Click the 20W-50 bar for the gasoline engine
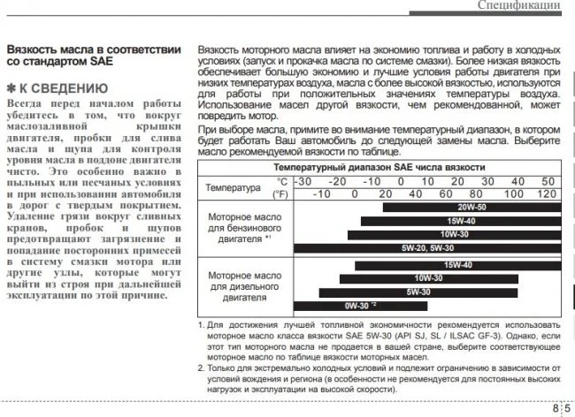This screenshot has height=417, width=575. (x=470, y=207)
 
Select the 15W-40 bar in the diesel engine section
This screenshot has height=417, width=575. (x=456, y=264)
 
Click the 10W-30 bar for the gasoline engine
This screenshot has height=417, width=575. (x=452, y=234)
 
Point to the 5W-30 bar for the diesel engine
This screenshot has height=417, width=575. (x=418, y=292)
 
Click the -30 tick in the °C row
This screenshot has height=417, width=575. (x=303, y=181)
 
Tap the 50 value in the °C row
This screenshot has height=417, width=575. (x=547, y=181)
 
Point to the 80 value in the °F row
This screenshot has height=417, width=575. (x=474, y=193)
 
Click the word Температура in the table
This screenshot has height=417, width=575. (x=233, y=187)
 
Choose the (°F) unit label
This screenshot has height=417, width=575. (x=280, y=193)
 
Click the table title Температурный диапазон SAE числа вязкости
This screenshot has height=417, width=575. (x=379, y=167)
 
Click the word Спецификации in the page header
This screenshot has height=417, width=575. (x=517, y=6)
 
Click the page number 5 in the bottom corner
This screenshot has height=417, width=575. (x=567, y=407)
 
